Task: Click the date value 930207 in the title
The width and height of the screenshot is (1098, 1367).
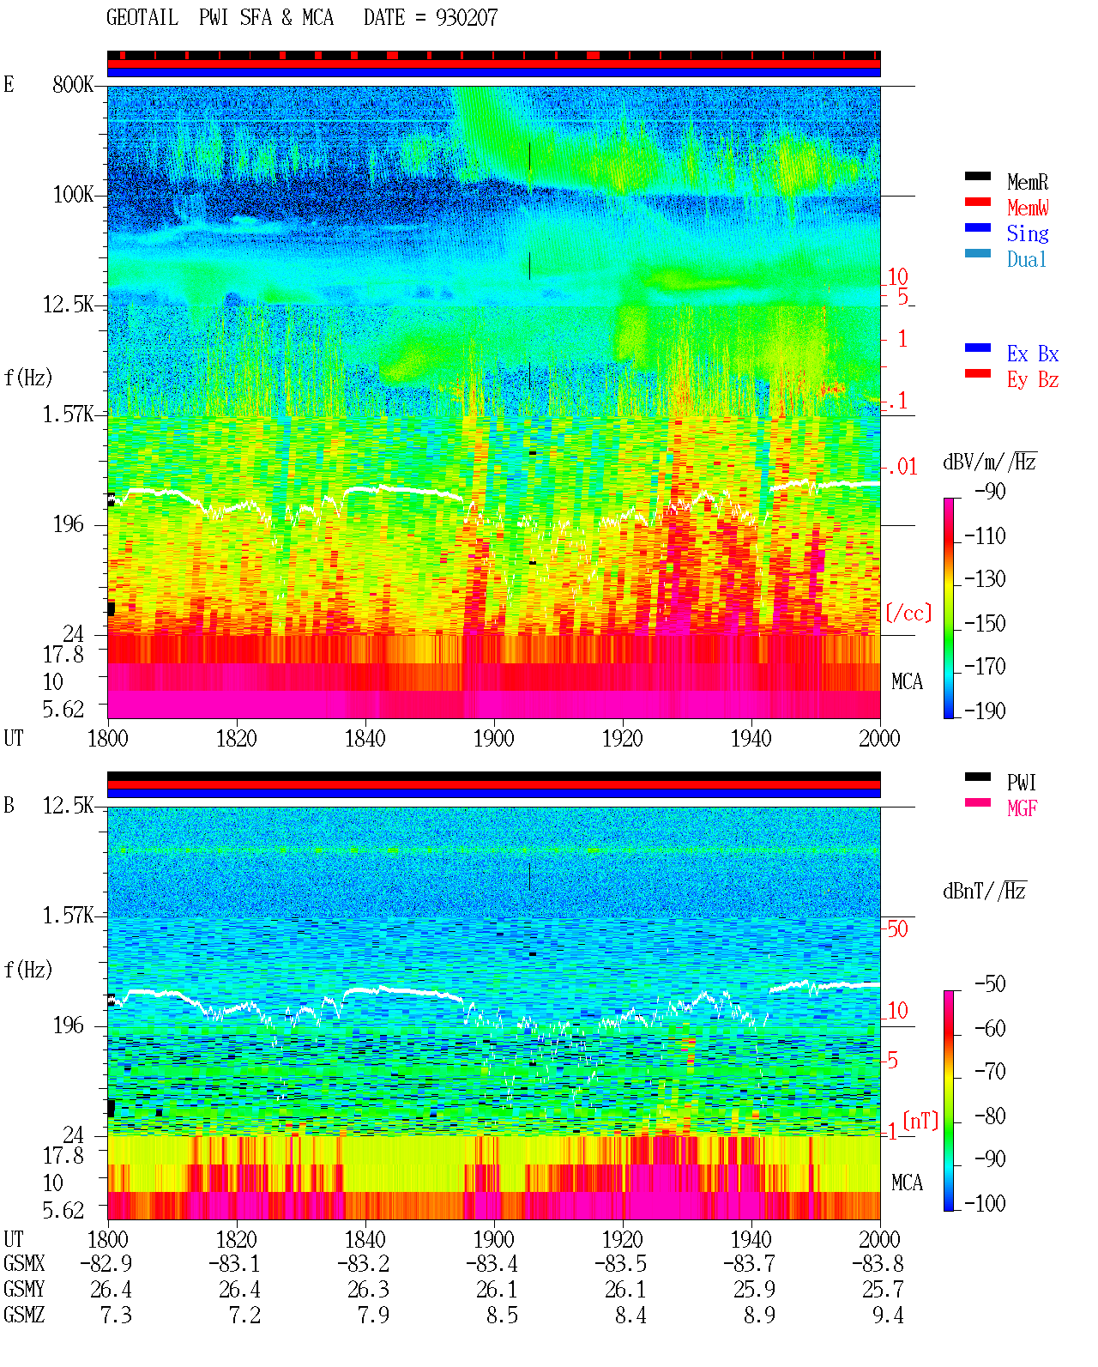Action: [466, 18]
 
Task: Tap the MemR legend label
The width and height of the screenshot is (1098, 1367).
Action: [1027, 182]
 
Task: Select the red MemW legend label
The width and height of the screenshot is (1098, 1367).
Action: [1027, 208]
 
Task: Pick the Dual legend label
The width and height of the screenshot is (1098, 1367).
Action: [1026, 259]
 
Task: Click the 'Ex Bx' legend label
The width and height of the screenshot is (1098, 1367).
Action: [1032, 354]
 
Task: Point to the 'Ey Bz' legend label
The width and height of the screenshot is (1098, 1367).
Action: [1032, 380]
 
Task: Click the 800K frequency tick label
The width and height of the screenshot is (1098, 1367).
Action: [72, 84]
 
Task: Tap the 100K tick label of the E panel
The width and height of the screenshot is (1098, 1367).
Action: [72, 195]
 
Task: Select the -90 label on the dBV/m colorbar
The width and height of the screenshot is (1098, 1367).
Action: [989, 491]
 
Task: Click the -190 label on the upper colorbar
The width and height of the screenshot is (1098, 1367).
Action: [984, 711]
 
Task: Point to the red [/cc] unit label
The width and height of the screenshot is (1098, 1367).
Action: [908, 613]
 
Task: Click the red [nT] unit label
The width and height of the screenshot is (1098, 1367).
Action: [920, 1121]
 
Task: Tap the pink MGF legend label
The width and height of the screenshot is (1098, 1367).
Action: [1022, 808]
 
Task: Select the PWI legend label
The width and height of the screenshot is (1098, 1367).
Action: [1021, 783]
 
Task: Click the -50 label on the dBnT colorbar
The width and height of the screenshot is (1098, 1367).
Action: [989, 984]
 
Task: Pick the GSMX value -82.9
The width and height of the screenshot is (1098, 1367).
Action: [106, 1263]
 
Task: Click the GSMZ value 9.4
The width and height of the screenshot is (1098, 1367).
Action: [888, 1315]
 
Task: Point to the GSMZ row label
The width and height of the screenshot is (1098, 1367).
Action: [24, 1315]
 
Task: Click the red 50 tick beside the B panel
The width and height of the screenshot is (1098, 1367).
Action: [896, 929]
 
